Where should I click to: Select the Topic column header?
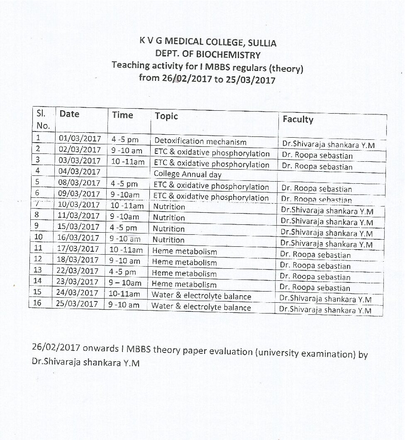click(x=166, y=116)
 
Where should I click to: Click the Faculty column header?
click(x=298, y=119)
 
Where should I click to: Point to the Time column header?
click(x=122, y=115)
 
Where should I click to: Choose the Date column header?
click(x=69, y=114)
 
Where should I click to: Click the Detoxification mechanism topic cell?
click(x=200, y=141)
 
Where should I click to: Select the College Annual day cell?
click(x=188, y=174)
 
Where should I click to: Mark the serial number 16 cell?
click(x=37, y=303)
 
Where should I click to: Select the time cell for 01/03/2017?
click(x=124, y=140)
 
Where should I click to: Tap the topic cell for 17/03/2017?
click(x=184, y=251)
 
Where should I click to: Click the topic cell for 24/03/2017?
click(x=201, y=296)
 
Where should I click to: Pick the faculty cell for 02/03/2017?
click(x=317, y=156)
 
